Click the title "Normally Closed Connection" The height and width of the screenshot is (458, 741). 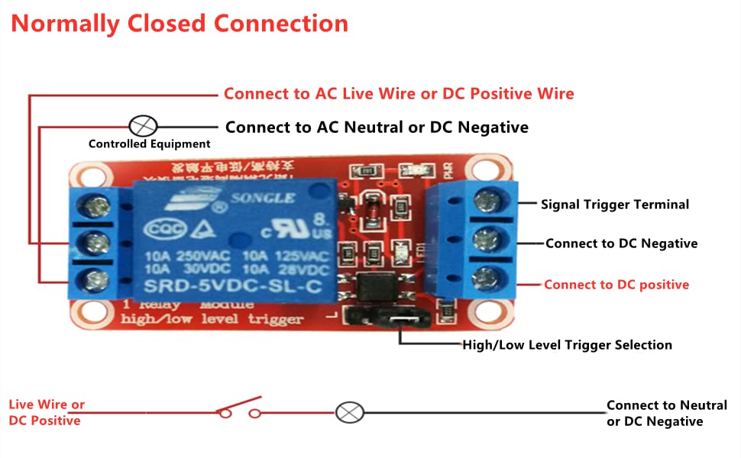(180, 23)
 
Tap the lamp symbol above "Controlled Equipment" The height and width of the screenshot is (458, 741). (143, 125)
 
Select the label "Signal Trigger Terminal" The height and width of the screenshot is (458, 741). (615, 205)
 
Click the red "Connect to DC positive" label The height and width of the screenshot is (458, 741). (616, 285)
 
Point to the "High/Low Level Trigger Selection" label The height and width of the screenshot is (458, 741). (567, 345)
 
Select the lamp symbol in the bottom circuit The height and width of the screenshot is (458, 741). (350, 413)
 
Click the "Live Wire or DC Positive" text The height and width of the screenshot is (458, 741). (46, 412)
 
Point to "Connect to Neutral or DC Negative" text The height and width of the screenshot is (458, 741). (666, 413)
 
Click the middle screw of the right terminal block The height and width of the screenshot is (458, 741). (484, 239)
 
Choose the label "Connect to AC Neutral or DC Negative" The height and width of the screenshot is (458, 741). (377, 127)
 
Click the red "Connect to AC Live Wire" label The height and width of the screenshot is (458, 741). (398, 94)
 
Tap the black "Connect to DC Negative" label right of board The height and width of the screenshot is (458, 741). (621, 244)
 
